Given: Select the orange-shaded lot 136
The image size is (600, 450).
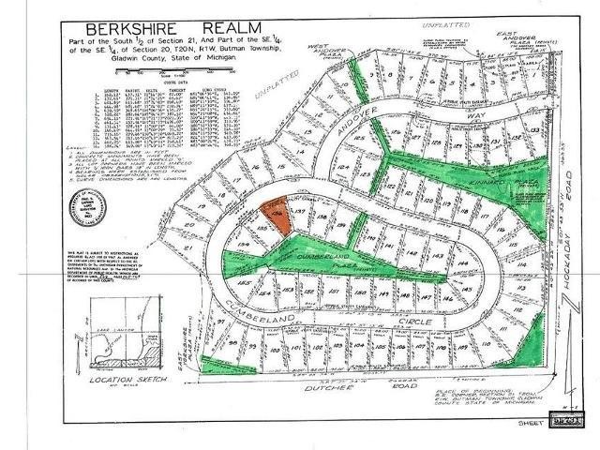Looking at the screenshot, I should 275,213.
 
